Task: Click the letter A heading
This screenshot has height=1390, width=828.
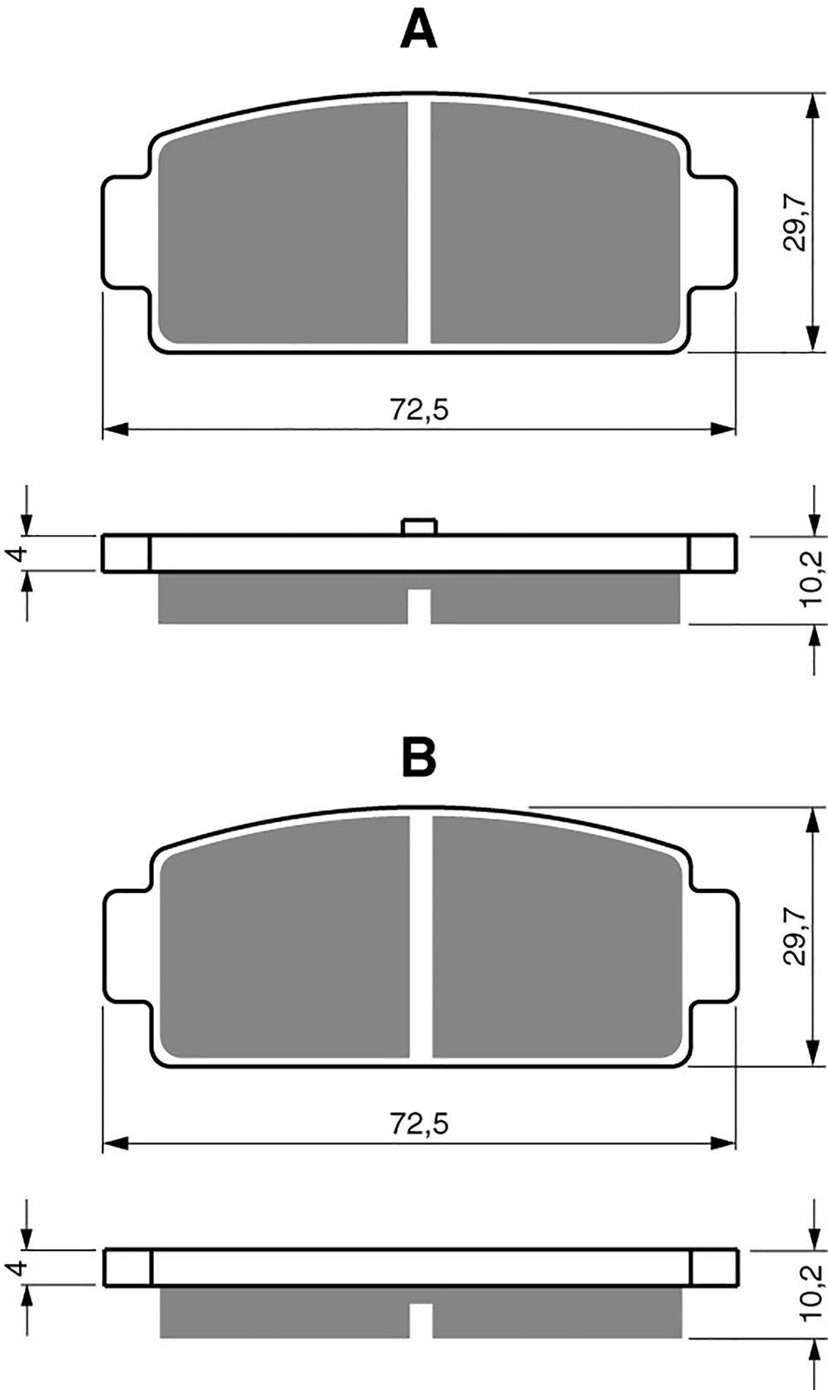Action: tap(419, 31)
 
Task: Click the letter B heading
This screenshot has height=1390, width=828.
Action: tap(419, 758)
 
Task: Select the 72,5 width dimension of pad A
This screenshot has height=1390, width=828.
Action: tap(419, 409)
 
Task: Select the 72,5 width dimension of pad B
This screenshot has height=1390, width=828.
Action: tap(419, 1124)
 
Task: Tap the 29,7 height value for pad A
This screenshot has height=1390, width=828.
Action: tap(795, 223)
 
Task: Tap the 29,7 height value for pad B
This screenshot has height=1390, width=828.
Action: tap(795, 937)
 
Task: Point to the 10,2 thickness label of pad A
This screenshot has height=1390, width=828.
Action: tap(811, 579)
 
